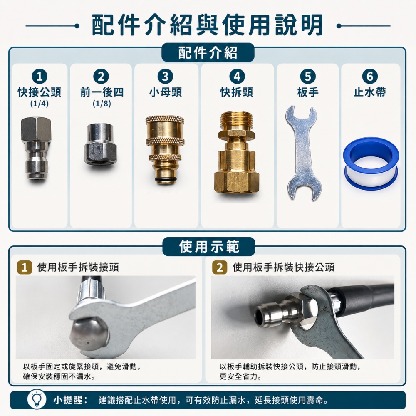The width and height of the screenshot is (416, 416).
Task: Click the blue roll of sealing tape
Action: pos(371,163)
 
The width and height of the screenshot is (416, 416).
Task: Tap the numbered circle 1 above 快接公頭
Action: pos(40,77)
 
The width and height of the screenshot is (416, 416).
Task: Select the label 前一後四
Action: pos(102,92)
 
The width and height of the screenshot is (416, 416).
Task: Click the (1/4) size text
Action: pos(40,104)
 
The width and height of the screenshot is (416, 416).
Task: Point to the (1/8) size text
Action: pos(102,104)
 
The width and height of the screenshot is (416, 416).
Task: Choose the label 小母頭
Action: pos(166,92)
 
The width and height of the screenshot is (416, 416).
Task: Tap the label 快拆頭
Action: pos(237,92)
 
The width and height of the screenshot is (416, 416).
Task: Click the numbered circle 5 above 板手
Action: pos(308,77)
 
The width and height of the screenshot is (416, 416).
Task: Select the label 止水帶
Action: pos(370,92)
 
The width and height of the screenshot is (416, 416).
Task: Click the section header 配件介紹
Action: pos(208,52)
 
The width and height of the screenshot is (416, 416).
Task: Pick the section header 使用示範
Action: pos(209,246)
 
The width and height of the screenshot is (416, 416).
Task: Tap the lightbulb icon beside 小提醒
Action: pos(37,399)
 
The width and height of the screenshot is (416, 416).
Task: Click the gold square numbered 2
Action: pos(220,267)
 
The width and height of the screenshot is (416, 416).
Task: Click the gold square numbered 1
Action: pos(25,267)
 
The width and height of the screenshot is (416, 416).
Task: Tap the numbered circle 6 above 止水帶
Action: pos(370,77)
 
